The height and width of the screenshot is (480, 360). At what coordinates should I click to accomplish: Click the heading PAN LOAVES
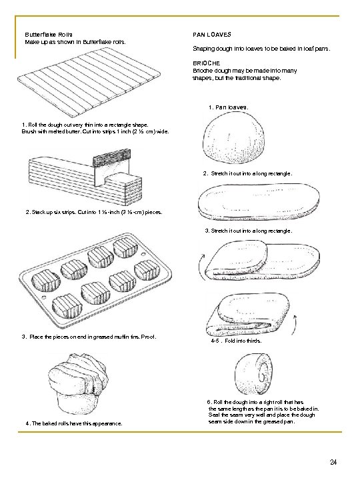pos(212,35)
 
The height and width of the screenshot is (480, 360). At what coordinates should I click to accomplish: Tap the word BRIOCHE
pos(206,63)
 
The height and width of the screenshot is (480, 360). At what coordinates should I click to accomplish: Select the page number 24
pos(333,462)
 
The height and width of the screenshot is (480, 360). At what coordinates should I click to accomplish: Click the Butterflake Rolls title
pos(49,35)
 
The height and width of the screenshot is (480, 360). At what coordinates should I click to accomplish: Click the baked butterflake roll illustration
pos(78,384)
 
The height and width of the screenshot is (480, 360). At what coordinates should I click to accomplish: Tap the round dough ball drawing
pos(233,137)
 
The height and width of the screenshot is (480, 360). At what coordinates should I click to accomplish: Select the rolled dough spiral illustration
pos(254,374)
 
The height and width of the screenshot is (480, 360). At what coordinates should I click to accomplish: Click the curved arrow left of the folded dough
pos(200,265)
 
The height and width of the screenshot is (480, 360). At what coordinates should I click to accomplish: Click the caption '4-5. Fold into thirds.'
pos(236,341)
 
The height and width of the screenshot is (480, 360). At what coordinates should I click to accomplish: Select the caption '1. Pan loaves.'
pos(229,107)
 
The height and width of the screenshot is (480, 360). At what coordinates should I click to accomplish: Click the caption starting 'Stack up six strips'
pos(94,212)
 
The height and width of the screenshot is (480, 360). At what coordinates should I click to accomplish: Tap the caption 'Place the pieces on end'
pos(89,337)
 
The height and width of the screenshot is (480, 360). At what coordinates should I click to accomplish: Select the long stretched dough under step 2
pos(259,201)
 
